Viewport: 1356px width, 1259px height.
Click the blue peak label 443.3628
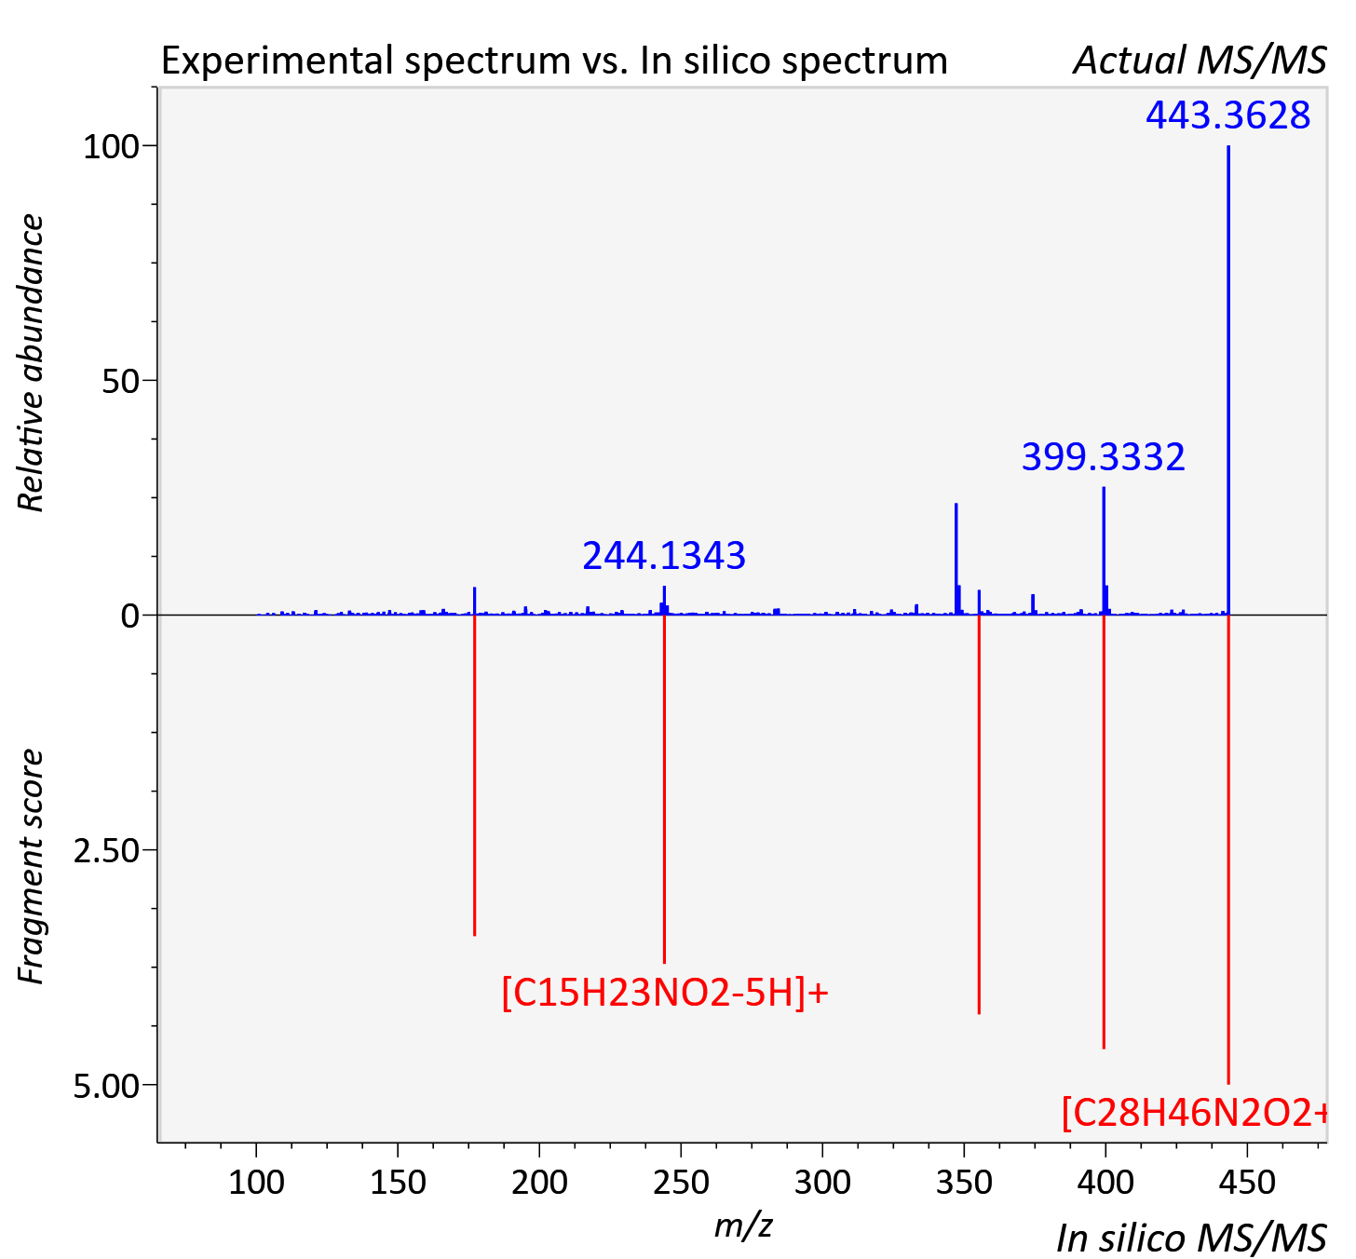1227,115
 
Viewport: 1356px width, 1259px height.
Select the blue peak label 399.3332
1102,457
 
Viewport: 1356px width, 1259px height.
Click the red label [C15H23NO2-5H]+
664,992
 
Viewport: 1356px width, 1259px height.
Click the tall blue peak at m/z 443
1227,380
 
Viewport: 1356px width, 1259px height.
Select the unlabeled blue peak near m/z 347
956,559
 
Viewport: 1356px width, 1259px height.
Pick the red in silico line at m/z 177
474,775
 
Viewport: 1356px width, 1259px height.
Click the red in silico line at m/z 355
979,815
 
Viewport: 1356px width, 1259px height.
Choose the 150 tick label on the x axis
398,1183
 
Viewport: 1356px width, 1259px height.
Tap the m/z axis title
743,1225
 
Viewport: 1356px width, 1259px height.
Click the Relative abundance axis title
31,362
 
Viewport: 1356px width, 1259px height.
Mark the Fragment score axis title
31,866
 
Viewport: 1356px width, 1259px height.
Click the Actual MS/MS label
1200,61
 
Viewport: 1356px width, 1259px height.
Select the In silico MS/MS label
1191,1239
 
